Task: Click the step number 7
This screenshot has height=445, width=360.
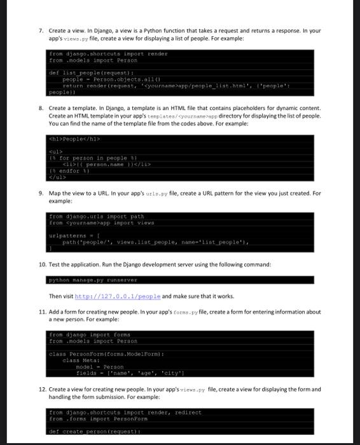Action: pyautogui.click(x=40, y=31)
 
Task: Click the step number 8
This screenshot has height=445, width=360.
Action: pyautogui.click(x=40, y=108)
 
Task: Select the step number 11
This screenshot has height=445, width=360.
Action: pyautogui.click(x=41, y=312)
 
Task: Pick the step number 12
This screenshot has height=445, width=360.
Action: pyautogui.click(x=41, y=389)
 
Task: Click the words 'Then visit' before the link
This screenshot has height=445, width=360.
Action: pyautogui.click(x=61, y=296)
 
